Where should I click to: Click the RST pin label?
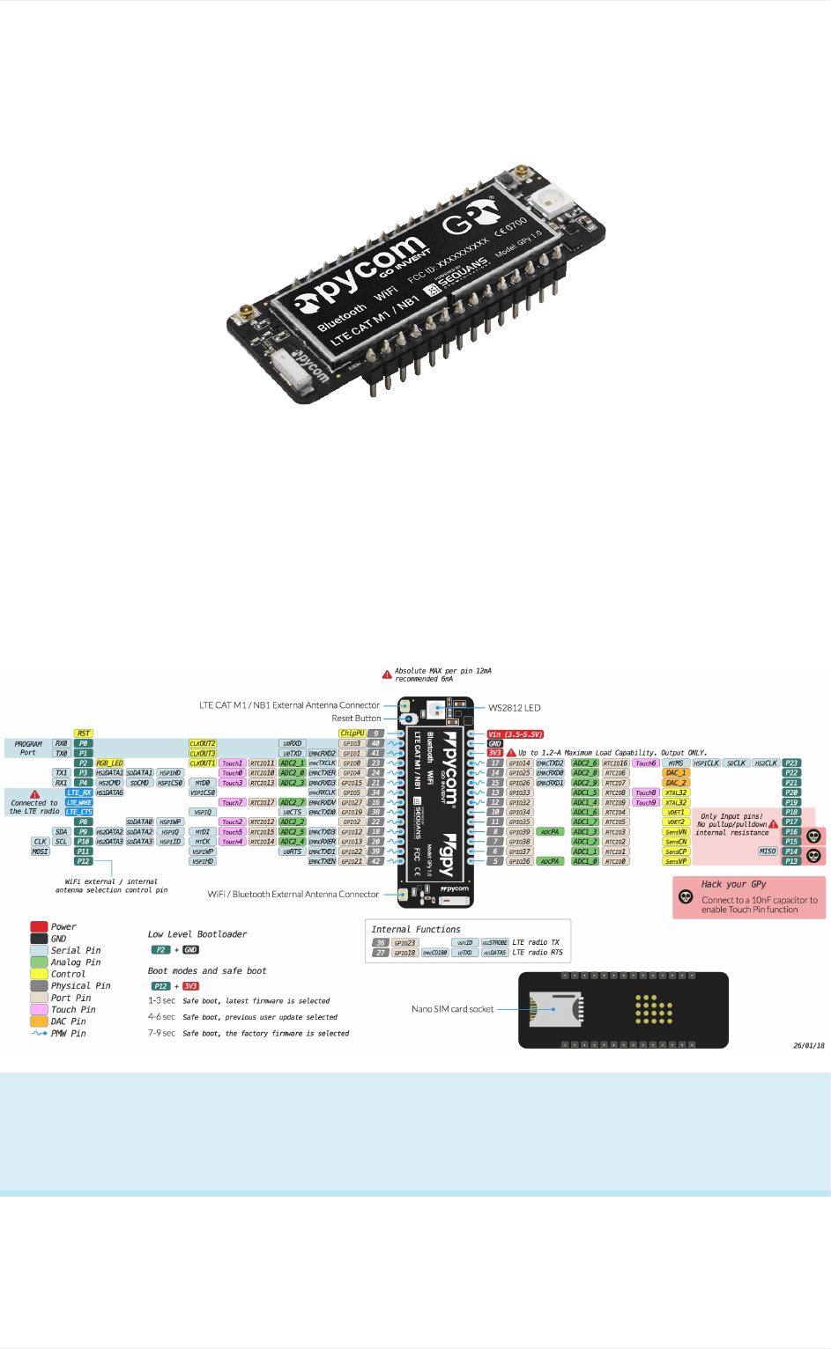click(x=84, y=733)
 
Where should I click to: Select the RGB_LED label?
click(x=110, y=763)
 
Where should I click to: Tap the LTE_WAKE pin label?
click(x=79, y=802)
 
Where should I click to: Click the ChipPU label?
click(x=352, y=733)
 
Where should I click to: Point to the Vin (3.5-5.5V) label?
click(x=516, y=734)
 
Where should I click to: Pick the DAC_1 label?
click(x=676, y=773)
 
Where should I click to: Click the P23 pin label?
click(x=791, y=763)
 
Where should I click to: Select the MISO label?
click(x=768, y=851)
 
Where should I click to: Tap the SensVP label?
click(x=676, y=861)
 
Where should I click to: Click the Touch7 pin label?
click(x=232, y=802)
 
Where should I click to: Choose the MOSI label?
click(x=41, y=851)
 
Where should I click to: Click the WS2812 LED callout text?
click(x=515, y=708)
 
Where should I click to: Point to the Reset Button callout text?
click(x=356, y=719)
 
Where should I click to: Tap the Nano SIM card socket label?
click(x=452, y=1009)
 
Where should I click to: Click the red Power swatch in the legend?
click(x=39, y=926)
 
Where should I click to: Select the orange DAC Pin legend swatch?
click(x=39, y=1021)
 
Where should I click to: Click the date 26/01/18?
click(x=808, y=1046)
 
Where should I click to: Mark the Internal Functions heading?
click(x=416, y=929)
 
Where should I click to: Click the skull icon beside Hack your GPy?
click(x=686, y=897)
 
